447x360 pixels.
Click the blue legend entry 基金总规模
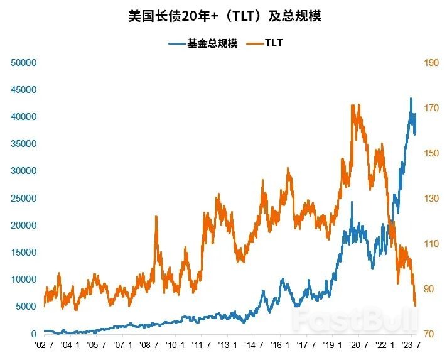tap(203, 43)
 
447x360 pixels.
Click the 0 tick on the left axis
tap(35, 334)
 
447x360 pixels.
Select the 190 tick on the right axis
tap(431, 63)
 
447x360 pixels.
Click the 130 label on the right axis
tap(431, 198)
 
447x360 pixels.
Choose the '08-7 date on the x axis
tap(149, 346)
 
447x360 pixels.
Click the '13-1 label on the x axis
tap(228, 346)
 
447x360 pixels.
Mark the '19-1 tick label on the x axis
tap(333, 346)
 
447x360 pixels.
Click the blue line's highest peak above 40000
tap(411, 99)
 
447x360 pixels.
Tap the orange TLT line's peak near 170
tap(353, 106)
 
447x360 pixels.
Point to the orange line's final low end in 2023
tap(416, 305)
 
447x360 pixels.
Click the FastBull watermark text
tap(355, 319)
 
